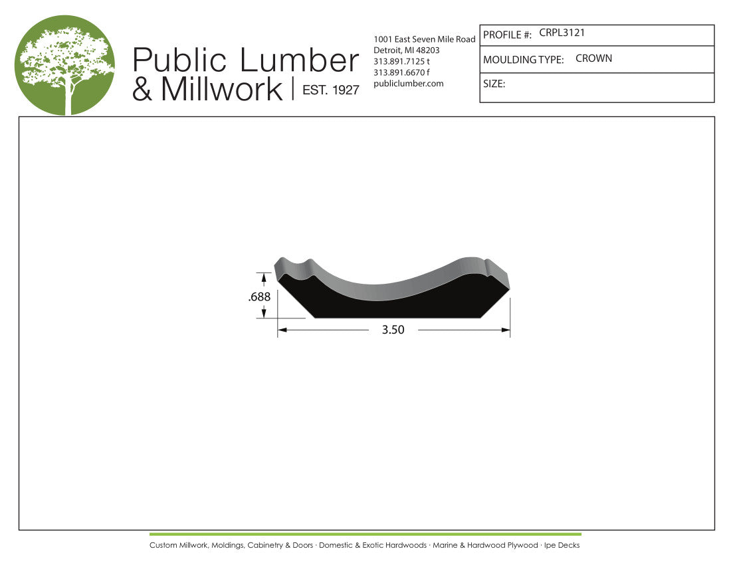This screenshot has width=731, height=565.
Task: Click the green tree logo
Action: click(65, 65)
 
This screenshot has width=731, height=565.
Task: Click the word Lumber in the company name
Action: click(299, 60)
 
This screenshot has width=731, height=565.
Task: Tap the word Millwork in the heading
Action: click(222, 88)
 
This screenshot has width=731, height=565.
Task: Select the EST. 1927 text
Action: click(331, 90)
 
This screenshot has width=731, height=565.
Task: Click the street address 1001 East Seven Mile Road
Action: click(424, 39)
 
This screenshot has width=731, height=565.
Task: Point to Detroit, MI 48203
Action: click(407, 51)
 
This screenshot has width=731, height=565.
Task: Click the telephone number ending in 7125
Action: click(401, 62)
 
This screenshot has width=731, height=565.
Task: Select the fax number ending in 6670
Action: click(401, 72)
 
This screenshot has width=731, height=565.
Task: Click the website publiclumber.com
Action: click(409, 84)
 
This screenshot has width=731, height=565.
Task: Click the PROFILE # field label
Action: click(507, 35)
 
